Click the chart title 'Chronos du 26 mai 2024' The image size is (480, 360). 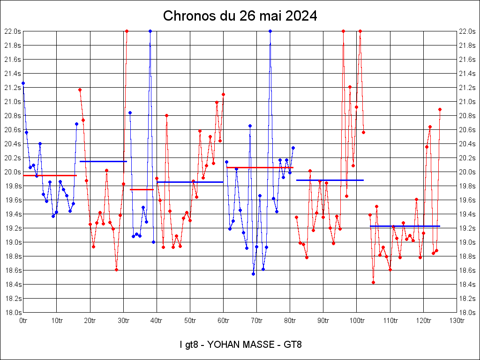(240, 16)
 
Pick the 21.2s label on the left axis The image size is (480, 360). (12, 88)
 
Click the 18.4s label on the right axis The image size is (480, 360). (468, 285)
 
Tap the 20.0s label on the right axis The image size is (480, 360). (468, 172)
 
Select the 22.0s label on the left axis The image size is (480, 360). (12, 31)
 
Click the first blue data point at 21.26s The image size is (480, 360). (23, 83)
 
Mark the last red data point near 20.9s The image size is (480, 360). (440, 109)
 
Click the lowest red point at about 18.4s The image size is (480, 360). (373, 282)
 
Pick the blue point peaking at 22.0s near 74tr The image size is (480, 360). (270, 31)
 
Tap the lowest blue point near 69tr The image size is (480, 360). (253, 274)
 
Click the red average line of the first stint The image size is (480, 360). (50, 175)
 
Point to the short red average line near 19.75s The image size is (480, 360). (142, 189)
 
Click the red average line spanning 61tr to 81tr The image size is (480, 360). (260, 167)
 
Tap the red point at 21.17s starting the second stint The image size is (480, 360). (80, 90)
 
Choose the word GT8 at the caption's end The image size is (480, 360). (293, 345)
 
